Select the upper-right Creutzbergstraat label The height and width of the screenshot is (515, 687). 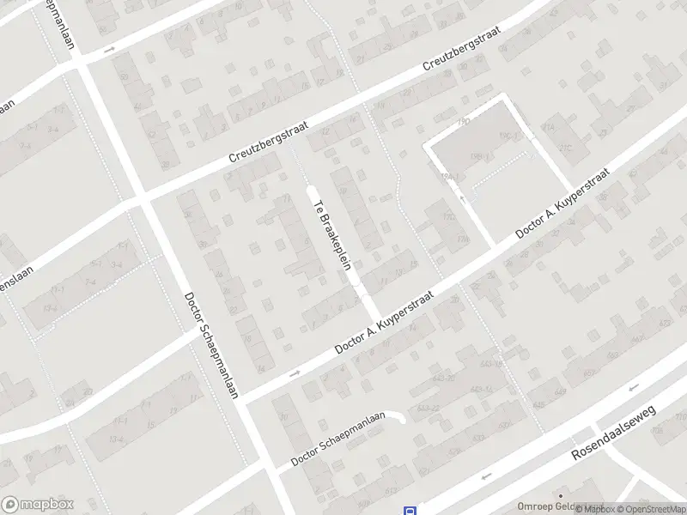[464, 57]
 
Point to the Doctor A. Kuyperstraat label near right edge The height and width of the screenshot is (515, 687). [562, 204]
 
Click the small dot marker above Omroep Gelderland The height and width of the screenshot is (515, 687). [560, 495]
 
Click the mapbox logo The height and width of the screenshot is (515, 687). [38, 504]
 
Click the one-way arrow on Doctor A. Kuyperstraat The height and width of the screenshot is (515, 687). [295, 373]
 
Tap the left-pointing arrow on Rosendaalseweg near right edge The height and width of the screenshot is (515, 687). [633, 388]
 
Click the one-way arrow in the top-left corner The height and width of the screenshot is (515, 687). [109, 50]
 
